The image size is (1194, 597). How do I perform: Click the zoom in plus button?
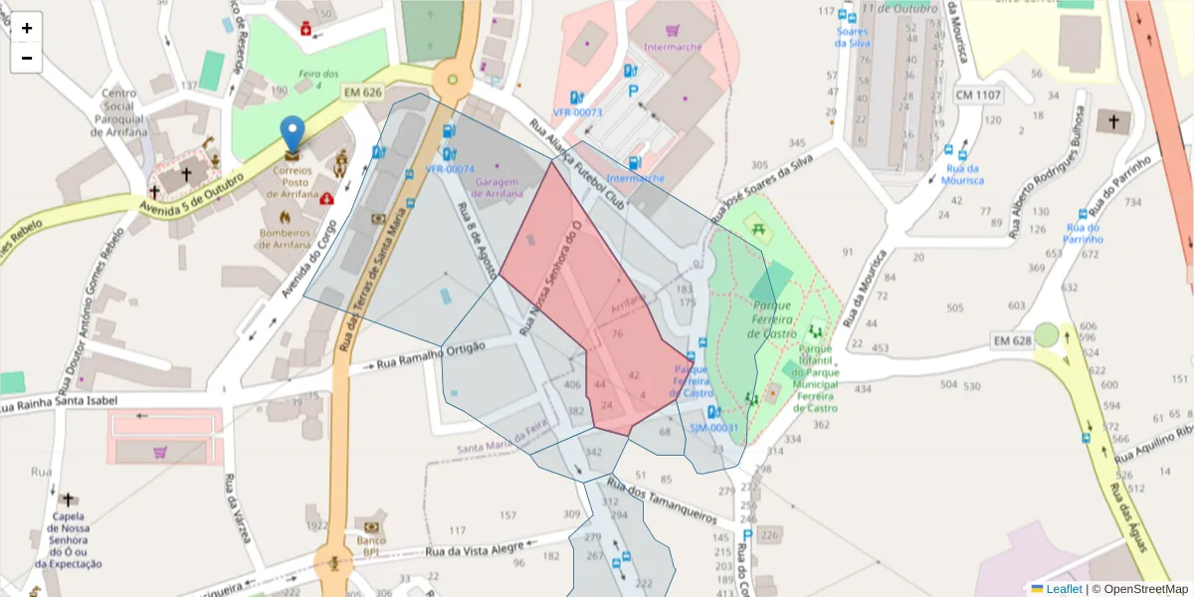click(x=27, y=28)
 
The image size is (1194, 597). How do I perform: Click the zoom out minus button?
click(x=27, y=58)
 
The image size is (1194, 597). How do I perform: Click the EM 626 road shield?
click(x=362, y=93)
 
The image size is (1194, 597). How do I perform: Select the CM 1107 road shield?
click(x=978, y=95)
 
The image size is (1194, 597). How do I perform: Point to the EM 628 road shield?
click(x=1012, y=341)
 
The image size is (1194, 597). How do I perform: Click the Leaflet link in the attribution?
click(x=1064, y=589)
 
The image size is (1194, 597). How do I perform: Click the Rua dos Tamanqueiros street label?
click(x=661, y=500)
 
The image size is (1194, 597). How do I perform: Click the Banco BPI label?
click(x=371, y=545)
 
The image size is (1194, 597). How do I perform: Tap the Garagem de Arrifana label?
click(x=498, y=187)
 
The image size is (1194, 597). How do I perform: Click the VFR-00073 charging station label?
click(x=577, y=112)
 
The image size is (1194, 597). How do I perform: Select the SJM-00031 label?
click(x=714, y=428)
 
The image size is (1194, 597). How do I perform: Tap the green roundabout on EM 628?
click(x=1046, y=334)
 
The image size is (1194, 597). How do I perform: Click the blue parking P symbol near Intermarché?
click(x=633, y=90)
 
